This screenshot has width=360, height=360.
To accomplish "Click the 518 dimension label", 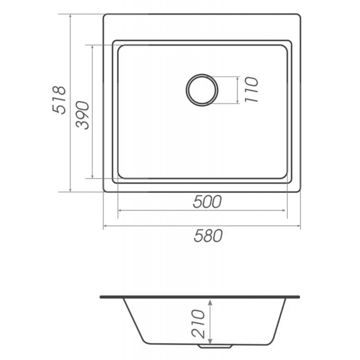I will coord(60,100).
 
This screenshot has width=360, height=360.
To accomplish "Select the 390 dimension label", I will coord(83,115).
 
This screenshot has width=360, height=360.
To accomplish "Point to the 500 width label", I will coord(207,202).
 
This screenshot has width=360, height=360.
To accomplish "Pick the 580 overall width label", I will coord(208,235).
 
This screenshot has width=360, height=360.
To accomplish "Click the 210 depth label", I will coord(198,324).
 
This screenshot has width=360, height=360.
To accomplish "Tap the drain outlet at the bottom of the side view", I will coord(215,347).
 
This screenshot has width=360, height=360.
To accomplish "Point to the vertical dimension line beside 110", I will coord(238,90).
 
